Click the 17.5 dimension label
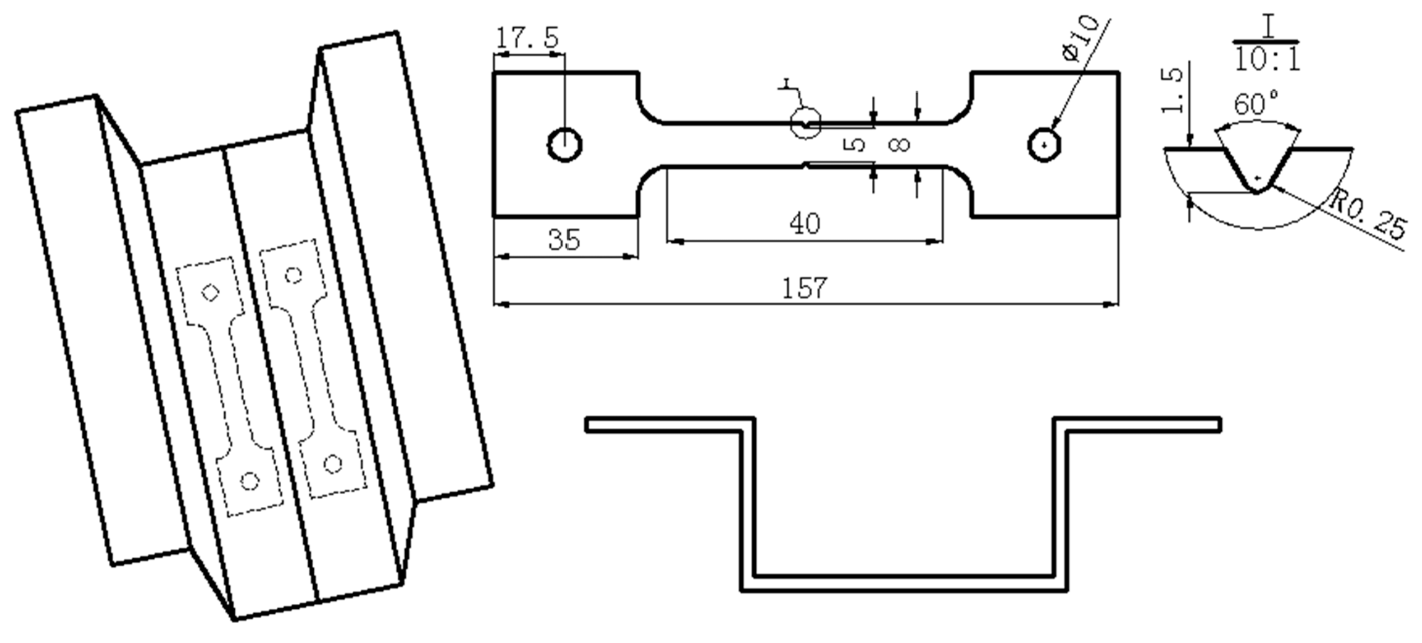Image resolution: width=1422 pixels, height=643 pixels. (x=527, y=38)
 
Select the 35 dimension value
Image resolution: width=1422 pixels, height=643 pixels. (x=564, y=240)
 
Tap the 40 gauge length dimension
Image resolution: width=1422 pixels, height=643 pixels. (x=804, y=224)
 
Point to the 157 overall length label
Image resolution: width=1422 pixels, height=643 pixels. (x=804, y=288)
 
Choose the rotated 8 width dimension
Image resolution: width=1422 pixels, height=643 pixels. (x=900, y=145)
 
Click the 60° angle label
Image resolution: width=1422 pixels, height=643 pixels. (x=1255, y=105)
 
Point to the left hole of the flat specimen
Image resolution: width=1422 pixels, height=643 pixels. (x=565, y=145)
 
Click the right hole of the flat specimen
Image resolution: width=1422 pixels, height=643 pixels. (x=1044, y=145)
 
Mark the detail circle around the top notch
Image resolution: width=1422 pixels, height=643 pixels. (x=806, y=123)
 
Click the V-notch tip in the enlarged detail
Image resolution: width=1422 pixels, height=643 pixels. (x=1257, y=189)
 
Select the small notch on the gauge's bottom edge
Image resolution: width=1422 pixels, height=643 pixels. (x=805, y=165)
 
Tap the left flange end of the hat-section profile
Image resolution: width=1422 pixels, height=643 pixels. (x=588, y=425)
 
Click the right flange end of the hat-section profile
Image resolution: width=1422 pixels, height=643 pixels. (x=1218, y=425)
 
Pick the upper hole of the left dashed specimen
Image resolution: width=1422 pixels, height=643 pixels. (x=210, y=292)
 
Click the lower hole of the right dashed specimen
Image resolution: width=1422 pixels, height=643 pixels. (x=332, y=465)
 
